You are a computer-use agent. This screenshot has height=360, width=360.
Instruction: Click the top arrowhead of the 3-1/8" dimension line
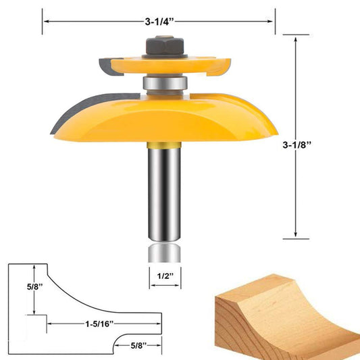pos(296,39)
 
